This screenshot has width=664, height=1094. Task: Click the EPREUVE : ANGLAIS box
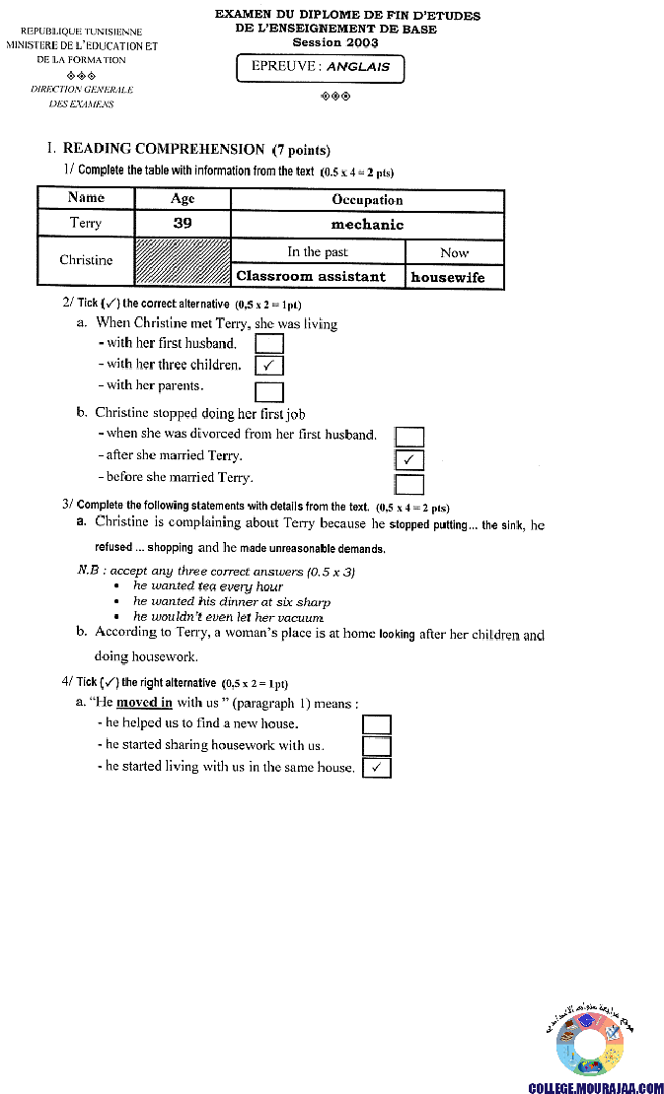tap(321, 67)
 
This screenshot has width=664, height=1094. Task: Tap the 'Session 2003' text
tap(335, 43)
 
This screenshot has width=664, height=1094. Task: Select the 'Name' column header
tap(86, 198)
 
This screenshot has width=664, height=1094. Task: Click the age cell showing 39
tap(183, 224)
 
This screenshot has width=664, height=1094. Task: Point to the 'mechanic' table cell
tap(367, 224)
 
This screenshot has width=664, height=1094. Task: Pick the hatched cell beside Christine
tap(183, 262)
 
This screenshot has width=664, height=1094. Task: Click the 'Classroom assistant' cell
tap(311, 277)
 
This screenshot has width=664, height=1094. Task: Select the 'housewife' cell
tap(448, 277)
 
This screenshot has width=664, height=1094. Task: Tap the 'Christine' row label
tap(86, 261)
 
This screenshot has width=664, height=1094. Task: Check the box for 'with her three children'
tap(269, 366)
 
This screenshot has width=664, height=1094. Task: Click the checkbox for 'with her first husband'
tap(269, 344)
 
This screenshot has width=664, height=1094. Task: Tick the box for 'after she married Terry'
tap(409, 459)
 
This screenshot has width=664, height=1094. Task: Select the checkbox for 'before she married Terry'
tap(409, 483)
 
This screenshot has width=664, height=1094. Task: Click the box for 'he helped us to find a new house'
tap(377, 724)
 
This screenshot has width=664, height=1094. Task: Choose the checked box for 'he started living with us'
tap(377, 768)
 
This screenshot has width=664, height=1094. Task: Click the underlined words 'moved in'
tap(144, 703)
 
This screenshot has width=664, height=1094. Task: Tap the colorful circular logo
tap(590, 1043)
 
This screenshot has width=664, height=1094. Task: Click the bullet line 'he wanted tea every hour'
tap(208, 586)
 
